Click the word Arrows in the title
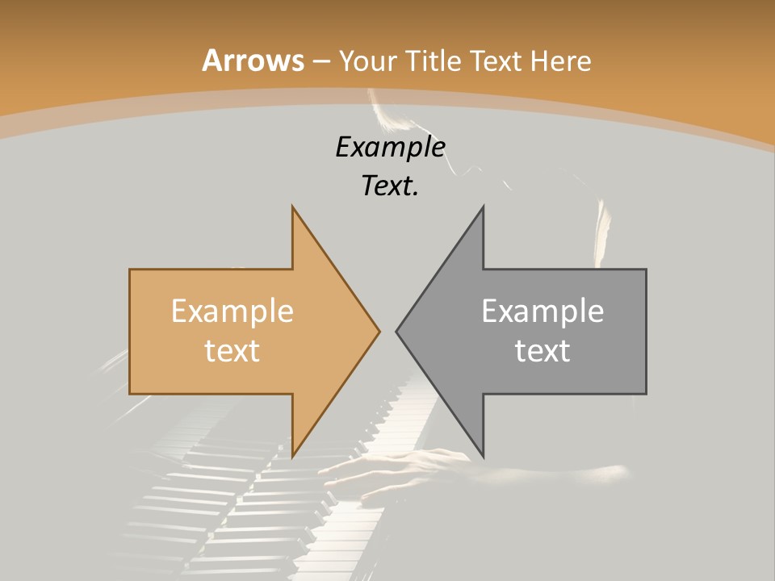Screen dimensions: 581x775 [x=253, y=61]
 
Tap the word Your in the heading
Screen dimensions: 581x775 [x=367, y=61]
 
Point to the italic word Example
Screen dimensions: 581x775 [x=391, y=147]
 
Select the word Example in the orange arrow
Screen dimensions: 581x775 [x=232, y=311]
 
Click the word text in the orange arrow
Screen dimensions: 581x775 [x=232, y=350]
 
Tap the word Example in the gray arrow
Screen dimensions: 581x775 [x=542, y=311]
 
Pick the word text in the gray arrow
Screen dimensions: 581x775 [x=542, y=350]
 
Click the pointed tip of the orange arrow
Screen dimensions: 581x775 [x=379, y=331]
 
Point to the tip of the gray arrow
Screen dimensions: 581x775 [x=396, y=331]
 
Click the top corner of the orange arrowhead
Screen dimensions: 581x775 [x=292, y=207]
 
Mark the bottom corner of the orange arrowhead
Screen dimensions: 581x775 [x=292, y=456]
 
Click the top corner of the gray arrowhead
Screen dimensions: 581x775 [x=483, y=207]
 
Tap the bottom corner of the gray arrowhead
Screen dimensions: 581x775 [x=483, y=456]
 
